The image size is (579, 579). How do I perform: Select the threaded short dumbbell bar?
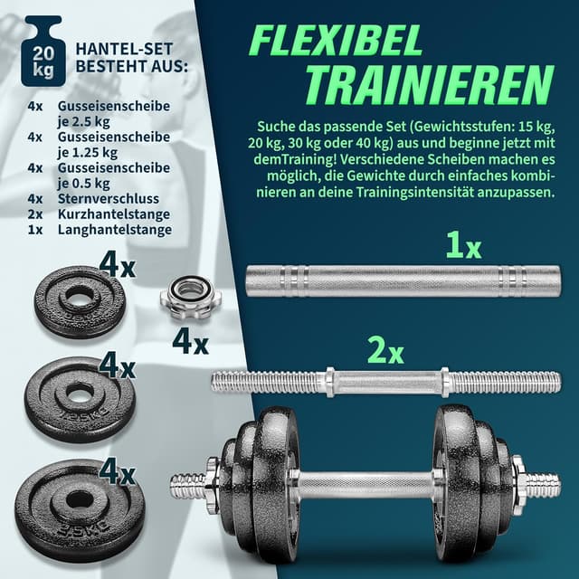(x=385, y=381)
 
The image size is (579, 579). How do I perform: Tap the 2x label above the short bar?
(x=384, y=350)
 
